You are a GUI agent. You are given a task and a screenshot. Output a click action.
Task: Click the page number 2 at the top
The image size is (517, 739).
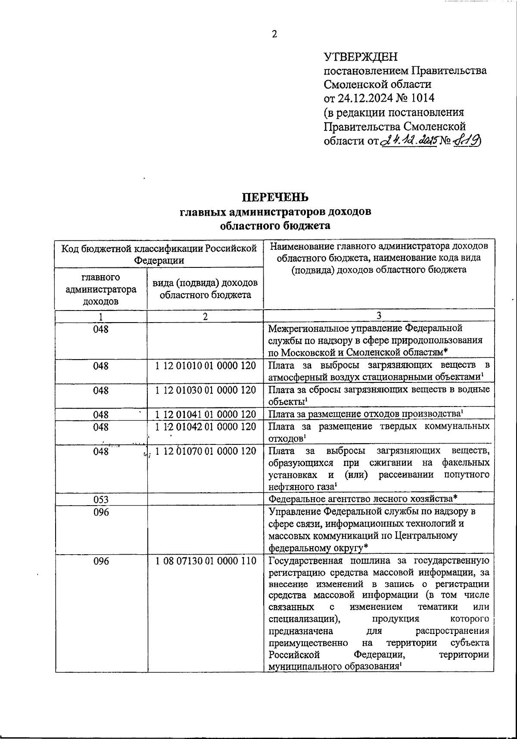pos(274,35)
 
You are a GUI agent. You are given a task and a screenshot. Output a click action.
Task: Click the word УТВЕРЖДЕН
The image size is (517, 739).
pos(361,57)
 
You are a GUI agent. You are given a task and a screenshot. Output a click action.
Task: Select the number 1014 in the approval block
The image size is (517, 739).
pos(422,98)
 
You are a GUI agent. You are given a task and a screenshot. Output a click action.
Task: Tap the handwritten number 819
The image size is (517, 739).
pos(467,140)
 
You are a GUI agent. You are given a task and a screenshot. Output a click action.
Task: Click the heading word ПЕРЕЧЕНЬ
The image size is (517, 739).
pos(274,197)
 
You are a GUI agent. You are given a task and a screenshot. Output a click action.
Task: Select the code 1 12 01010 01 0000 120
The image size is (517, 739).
pos(206,366)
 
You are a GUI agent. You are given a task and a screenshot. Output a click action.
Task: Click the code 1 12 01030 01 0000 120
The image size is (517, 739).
pos(206,390)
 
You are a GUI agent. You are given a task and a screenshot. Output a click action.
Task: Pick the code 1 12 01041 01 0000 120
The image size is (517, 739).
pos(206,415)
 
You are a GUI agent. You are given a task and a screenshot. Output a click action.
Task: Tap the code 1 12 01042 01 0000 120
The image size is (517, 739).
pos(206,427)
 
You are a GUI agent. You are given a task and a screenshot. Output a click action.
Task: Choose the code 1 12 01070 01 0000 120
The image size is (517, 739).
pos(206,451)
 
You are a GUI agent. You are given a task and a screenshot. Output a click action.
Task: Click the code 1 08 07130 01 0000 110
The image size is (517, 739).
pos(206,561)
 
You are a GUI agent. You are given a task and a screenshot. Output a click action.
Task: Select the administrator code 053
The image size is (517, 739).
pos(101,500)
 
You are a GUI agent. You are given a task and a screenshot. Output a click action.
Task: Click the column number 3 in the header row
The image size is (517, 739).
pos(379,316)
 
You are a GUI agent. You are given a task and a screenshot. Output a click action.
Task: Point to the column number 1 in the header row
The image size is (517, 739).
pos(101,317)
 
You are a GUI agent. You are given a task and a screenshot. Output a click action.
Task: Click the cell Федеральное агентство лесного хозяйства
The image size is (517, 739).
pos(362,499)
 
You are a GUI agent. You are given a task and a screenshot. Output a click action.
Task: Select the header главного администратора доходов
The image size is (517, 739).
pos(101,289)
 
